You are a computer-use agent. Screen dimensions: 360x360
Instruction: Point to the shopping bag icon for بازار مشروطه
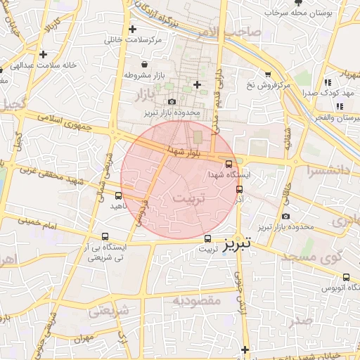[x=144, y=64]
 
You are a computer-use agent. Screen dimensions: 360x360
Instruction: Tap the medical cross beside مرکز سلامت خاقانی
[x=132, y=29]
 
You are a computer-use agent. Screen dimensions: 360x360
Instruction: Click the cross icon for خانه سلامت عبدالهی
[x=44, y=53]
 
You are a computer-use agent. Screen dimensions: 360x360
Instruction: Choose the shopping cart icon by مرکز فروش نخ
[x=268, y=75]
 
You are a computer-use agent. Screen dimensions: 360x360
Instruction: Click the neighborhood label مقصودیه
[x=197, y=301]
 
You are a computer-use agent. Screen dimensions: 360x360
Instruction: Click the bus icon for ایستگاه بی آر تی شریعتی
[x=105, y=237]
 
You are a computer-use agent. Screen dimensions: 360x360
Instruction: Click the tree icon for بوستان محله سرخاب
[x=308, y=4]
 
